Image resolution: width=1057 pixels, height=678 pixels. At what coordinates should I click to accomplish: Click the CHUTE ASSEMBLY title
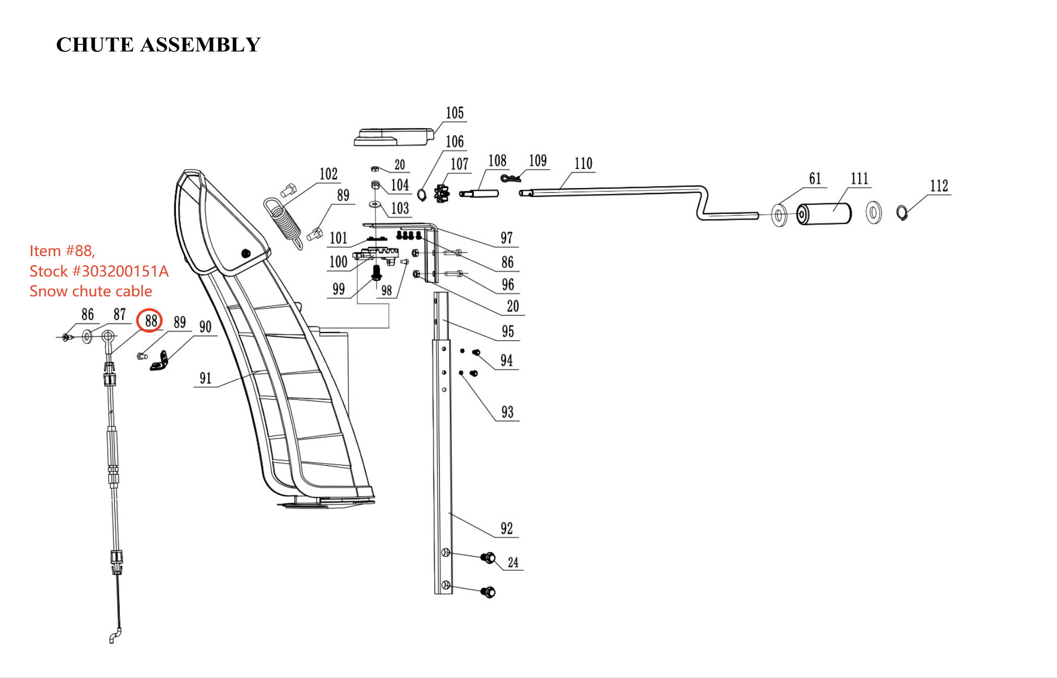pyautogui.click(x=158, y=45)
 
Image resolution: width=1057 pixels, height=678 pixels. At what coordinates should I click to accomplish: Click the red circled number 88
pyautogui.click(x=150, y=320)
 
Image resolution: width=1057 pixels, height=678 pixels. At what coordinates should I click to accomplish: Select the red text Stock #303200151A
pyautogui.click(x=99, y=271)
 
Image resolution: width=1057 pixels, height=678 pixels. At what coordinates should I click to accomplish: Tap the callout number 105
pyautogui.click(x=454, y=113)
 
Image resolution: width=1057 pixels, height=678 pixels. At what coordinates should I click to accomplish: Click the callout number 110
pyautogui.click(x=583, y=164)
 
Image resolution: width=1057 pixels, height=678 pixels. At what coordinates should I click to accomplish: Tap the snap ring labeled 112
pyautogui.click(x=901, y=213)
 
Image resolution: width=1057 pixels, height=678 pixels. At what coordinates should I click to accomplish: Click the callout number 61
pyautogui.click(x=815, y=179)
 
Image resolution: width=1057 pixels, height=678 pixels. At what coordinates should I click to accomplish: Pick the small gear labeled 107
pyautogui.click(x=442, y=193)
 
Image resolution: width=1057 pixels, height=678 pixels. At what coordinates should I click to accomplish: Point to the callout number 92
pyautogui.click(x=507, y=528)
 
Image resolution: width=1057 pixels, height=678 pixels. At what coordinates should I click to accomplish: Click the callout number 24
pyautogui.click(x=513, y=562)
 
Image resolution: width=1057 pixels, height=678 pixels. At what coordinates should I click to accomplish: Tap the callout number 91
pyautogui.click(x=205, y=378)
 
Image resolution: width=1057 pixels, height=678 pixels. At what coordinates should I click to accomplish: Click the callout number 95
pyautogui.click(x=508, y=331)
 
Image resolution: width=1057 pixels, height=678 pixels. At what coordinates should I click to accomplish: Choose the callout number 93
pyautogui.click(x=507, y=412)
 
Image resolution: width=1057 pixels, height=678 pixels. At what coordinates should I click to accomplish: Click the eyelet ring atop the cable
pyautogui.click(x=108, y=336)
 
